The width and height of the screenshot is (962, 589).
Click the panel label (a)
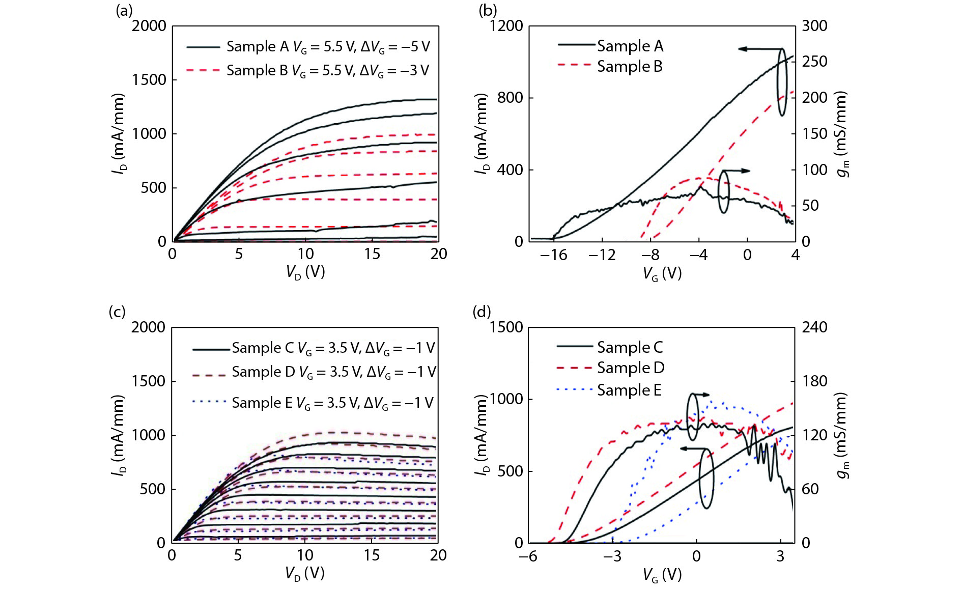(x=124, y=11)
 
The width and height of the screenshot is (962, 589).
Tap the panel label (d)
(x=482, y=312)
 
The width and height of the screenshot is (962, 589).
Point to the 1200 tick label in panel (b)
(x=506, y=26)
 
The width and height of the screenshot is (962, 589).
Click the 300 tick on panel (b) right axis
(x=814, y=26)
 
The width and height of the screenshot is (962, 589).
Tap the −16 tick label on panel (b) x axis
(x=553, y=255)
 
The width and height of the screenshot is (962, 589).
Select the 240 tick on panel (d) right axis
(x=814, y=327)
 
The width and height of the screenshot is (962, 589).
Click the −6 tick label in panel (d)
(x=528, y=556)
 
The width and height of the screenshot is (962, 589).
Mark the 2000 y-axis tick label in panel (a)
(x=149, y=26)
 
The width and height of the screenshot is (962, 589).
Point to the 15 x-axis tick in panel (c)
(x=372, y=555)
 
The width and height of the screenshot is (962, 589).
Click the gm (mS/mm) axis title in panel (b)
(x=842, y=134)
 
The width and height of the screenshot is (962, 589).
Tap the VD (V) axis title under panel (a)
(x=305, y=272)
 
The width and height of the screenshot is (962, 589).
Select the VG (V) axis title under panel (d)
(x=662, y=575)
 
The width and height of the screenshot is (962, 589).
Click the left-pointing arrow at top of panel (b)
(x=758, y=49)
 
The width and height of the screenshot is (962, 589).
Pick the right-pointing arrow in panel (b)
(x=737, y=171)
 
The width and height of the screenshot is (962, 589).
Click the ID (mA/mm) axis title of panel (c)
(x=118, y=435)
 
